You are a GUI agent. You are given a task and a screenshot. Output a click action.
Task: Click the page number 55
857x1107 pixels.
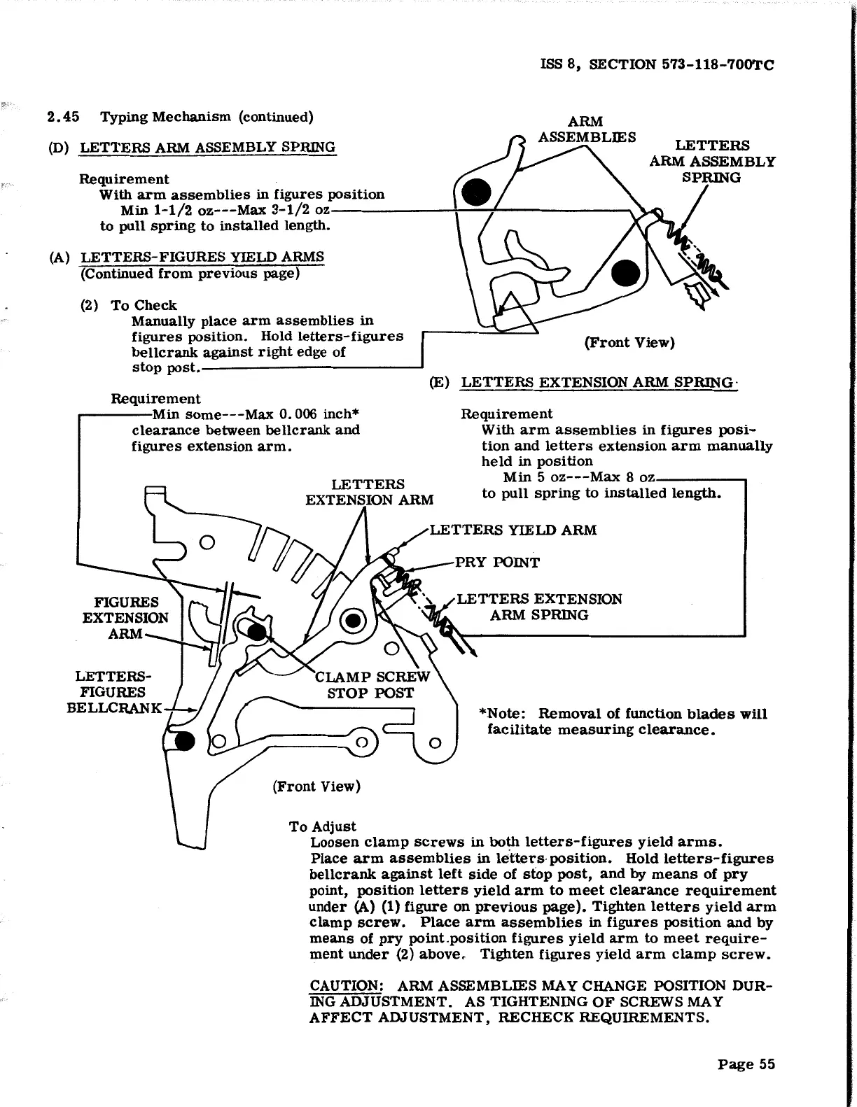point(746,1064)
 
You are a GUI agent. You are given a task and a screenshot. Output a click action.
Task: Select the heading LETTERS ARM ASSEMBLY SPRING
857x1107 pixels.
point(208,147)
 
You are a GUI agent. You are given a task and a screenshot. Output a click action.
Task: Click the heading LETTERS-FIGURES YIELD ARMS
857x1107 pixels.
point(202,257)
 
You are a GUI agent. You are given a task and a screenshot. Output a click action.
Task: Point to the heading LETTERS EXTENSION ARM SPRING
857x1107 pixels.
point(598,382)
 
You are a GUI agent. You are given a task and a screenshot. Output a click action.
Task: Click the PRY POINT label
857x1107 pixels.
point(497,563)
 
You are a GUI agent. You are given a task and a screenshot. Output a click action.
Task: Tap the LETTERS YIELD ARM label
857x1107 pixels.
point(513,530)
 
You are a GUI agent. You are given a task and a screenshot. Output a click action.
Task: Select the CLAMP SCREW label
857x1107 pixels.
point(372,677)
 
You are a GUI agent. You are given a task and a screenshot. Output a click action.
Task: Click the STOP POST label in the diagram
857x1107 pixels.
point(371,693)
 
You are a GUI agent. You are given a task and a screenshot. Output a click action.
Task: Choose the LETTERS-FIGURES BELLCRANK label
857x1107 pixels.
point(113,692)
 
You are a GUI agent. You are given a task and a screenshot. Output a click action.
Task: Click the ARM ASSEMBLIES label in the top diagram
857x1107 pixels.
point(587,129)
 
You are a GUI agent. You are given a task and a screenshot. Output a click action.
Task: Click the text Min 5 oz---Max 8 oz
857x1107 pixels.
point(578,477)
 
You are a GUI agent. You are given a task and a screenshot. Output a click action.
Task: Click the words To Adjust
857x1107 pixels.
point(323,826)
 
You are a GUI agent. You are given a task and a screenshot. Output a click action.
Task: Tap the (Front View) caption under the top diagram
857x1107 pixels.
point(629,342)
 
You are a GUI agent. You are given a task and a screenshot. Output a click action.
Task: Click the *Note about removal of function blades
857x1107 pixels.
point(622,721)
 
